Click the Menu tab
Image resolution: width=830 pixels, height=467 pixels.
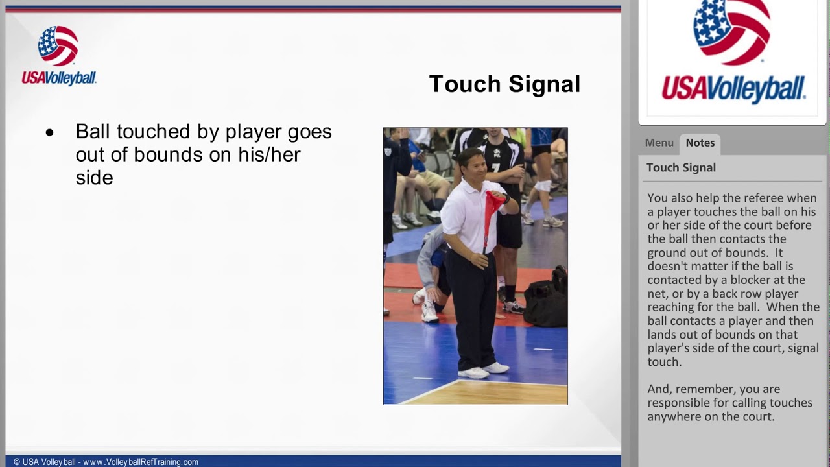tap(659, 143)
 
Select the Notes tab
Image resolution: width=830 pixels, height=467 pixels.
tap(700, 143)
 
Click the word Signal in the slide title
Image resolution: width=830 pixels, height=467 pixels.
tap(544, 85)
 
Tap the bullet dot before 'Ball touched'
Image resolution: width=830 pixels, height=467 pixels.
tap(50, 133)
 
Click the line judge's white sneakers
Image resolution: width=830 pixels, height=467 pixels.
tap(484, 370)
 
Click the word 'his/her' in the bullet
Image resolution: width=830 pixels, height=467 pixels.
tap(269, 154)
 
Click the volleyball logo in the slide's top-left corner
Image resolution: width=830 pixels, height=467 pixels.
tap(58, 45)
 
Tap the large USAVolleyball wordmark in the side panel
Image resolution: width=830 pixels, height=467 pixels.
tap(733, 89)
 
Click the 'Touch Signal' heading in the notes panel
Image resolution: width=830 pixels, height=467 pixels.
tap(681, 167)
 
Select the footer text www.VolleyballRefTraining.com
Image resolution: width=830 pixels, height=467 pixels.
tap(141, 462)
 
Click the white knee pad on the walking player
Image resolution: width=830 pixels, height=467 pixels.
tap(543, 186)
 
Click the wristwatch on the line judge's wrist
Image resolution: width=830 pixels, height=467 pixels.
tap(506, 199)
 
